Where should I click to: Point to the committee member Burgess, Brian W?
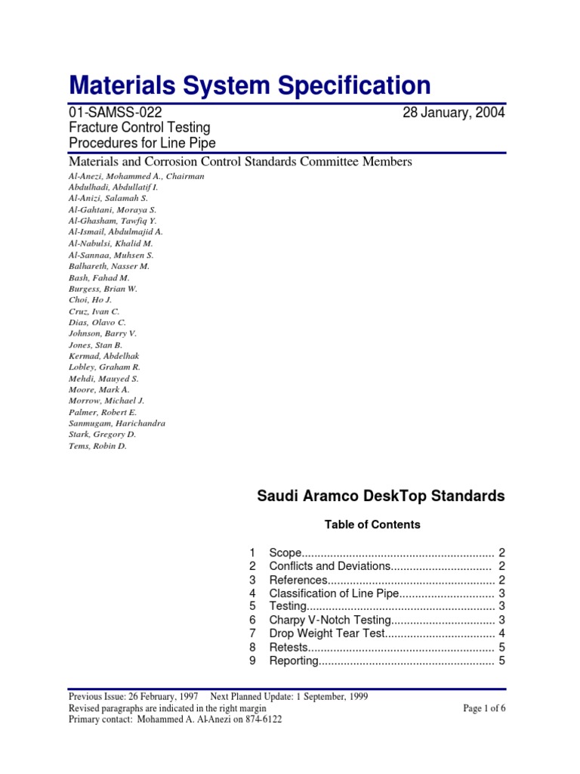[x=103, y=289]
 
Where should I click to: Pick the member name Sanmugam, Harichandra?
[x=116, y=423]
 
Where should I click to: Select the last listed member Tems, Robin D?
[x=97, y=446]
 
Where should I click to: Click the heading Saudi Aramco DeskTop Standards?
[x=381, y=497]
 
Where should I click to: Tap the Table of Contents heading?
[x=372, y=524]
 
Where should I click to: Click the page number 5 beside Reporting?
[x=501, y=661]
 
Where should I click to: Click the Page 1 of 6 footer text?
[x=483, y=708]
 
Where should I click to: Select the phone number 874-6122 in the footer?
[x=258, y=720]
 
